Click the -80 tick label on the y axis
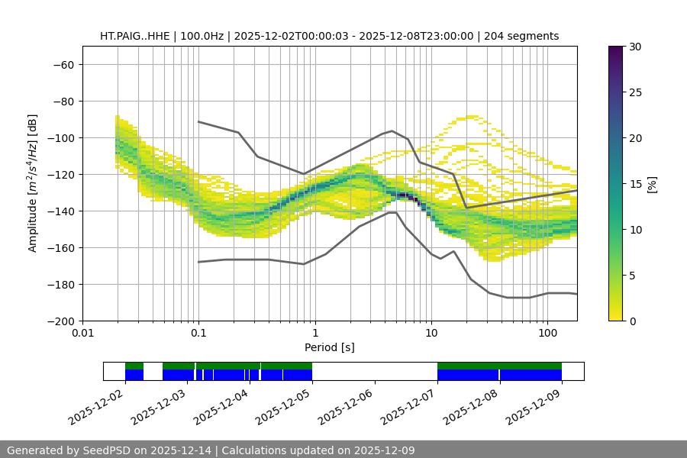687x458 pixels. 62,101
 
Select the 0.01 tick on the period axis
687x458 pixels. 82,334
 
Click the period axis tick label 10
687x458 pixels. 431,334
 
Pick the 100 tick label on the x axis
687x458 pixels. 547,334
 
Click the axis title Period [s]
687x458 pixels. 329,347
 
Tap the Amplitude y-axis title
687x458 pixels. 32,183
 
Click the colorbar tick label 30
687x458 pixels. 634,47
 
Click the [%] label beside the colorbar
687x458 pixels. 651,184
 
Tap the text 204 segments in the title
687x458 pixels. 526,36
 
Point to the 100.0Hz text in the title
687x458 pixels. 203,36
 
